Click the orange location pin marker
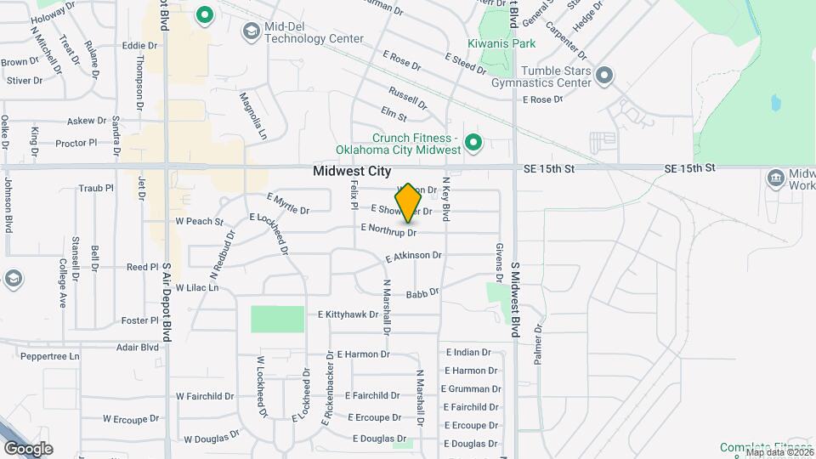pyautogui.click(x=409, y=202)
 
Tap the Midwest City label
pyautogui.click(x=352, y=171)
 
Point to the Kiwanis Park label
pyautogui.click(x=501, y=42)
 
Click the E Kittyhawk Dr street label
pyautogui.click(x=348, y=314)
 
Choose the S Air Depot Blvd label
pyautogui.click(x=167, y=301)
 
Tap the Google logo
pyautogui.click(x=28, y=448)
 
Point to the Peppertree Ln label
pyautogui.click(x=50, y=356)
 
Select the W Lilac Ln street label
pyautogui.click(x=196, y=288)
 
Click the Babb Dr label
pyautogui.click(x=422, y=293)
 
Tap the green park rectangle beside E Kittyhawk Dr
pyautogui.click(x=277, y=319)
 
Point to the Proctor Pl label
pyautogui.click(x=76, y=143)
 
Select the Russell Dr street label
pyautogui.click(x=408, y=97)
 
